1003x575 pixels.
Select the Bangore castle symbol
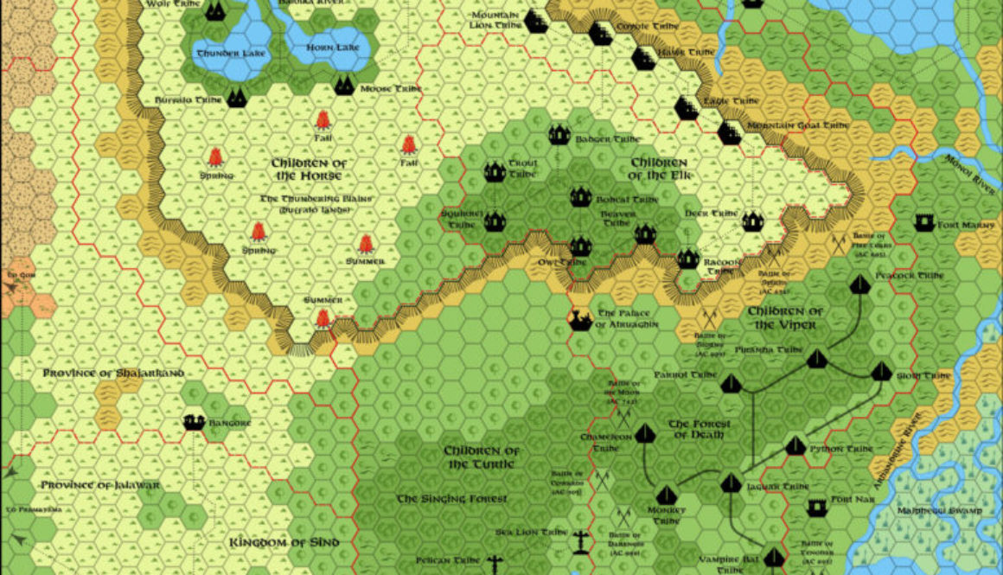[x=194, y=423]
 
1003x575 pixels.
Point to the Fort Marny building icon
[x=924, y=225]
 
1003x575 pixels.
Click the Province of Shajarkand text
[x=113, y=374]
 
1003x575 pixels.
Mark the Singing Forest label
[x=451, y=499]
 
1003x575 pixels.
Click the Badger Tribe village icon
[x=559, y=137]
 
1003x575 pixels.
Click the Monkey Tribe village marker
[x=665, y=495]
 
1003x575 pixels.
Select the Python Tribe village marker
[x=795, y=446]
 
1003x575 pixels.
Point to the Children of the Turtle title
[x=482, y=457]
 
